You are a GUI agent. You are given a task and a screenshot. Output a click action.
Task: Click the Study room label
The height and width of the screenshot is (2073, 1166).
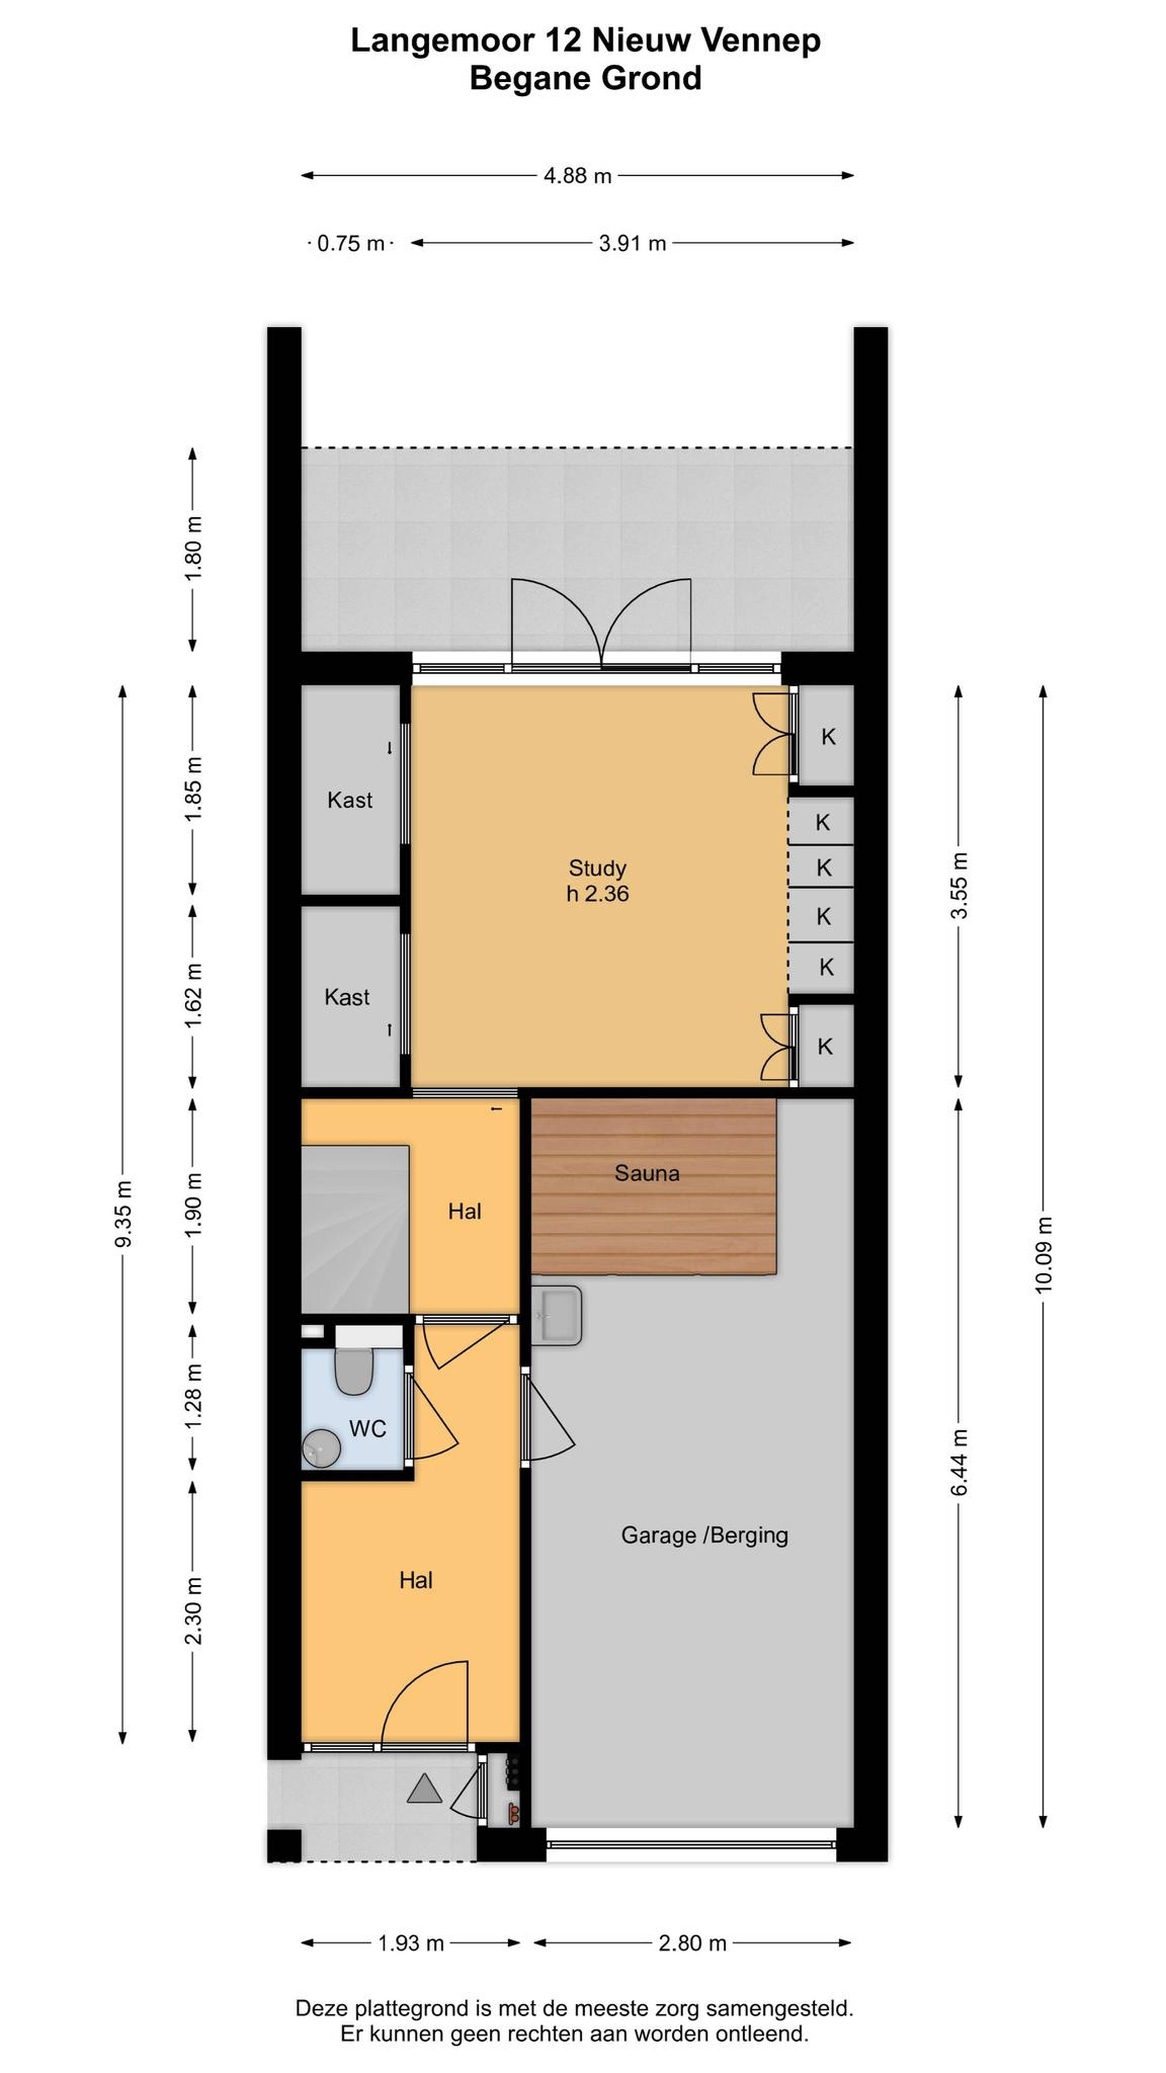point(597,868)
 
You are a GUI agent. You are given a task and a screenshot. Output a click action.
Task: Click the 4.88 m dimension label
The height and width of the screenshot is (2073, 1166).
point(577,176)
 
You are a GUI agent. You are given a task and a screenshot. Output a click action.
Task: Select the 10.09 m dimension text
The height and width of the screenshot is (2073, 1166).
point(1043,1255)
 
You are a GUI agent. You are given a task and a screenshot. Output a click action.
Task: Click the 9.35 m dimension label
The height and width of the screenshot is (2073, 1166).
point(123,1214)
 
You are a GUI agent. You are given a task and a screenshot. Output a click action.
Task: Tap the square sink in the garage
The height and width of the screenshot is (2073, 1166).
point(556,1315)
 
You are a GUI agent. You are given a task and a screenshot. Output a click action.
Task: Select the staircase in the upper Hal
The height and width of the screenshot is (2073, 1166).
point(355,1230)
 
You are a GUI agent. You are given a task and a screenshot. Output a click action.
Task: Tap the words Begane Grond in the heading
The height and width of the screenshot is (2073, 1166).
point(585,78)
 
